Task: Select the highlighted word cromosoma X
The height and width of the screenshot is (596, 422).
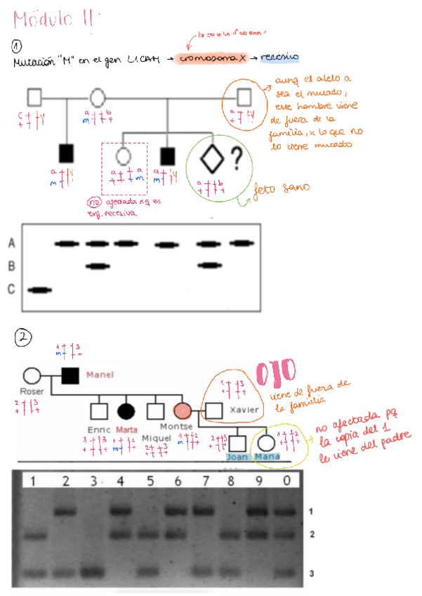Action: [x=211, y=59]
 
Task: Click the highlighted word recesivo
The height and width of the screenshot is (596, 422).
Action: [x=279, y=58]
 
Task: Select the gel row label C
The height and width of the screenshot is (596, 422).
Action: [x=11, y=290]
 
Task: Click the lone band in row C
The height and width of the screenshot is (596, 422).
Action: [x=39, y=290]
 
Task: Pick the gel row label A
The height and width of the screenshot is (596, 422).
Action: [x=11, y=243]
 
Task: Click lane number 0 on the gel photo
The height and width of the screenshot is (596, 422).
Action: [x=286, y=481]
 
